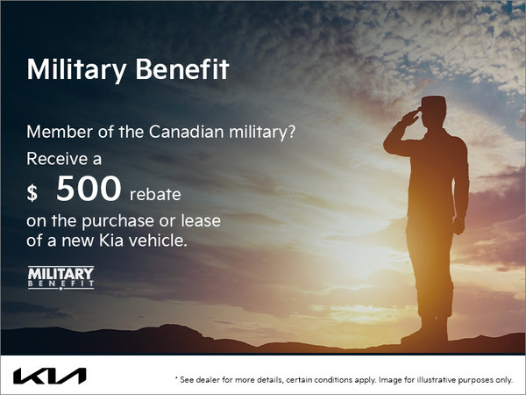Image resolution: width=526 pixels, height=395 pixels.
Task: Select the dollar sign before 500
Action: point(32,192)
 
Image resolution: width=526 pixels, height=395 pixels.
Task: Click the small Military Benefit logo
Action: point(60,277)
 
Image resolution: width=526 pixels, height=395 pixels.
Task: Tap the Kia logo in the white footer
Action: point(49,376)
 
